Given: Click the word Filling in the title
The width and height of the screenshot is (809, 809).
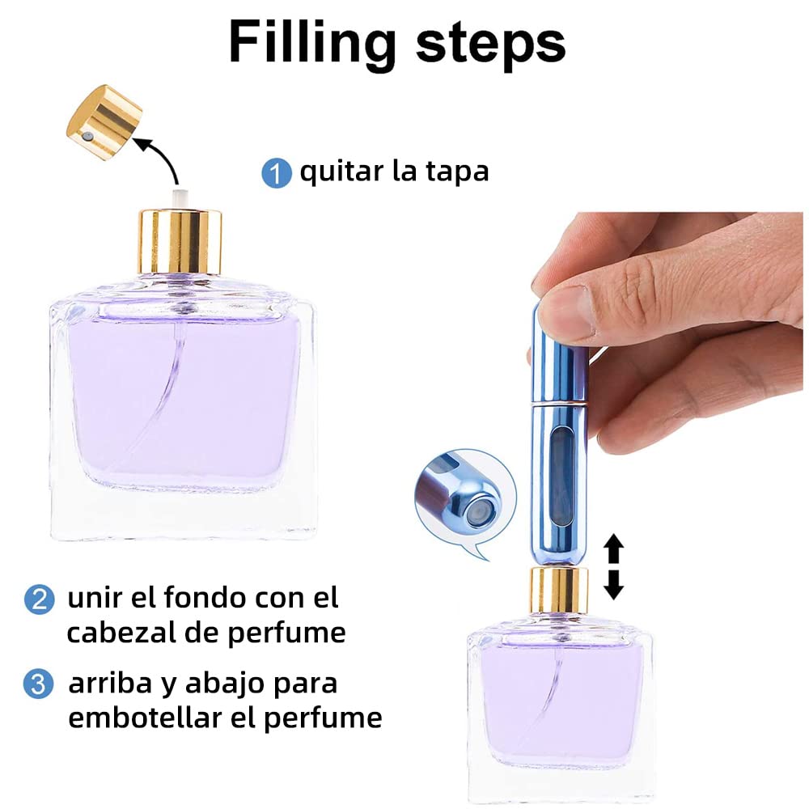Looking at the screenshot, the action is [312, 44].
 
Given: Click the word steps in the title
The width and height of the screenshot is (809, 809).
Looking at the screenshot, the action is [490, 45].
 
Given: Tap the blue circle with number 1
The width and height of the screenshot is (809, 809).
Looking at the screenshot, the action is [277, 173].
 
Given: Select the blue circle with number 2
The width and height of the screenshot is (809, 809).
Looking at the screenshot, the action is [39, 599].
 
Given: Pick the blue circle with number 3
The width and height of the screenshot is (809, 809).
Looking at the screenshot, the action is [39, 684].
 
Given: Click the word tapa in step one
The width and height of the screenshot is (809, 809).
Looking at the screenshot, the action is [457, 172].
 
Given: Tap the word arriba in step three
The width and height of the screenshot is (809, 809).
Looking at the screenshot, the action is [110, 683].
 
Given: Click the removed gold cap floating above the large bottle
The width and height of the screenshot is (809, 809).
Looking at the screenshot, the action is [104, 122].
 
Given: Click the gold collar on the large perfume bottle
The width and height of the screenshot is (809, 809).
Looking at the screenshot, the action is [180, 241].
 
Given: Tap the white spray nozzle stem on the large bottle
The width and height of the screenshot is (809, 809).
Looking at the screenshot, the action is [180, 200].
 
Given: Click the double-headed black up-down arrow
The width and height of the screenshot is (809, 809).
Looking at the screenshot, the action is [613, 566].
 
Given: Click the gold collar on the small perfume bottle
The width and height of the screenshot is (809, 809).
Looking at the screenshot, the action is [559, 591].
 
